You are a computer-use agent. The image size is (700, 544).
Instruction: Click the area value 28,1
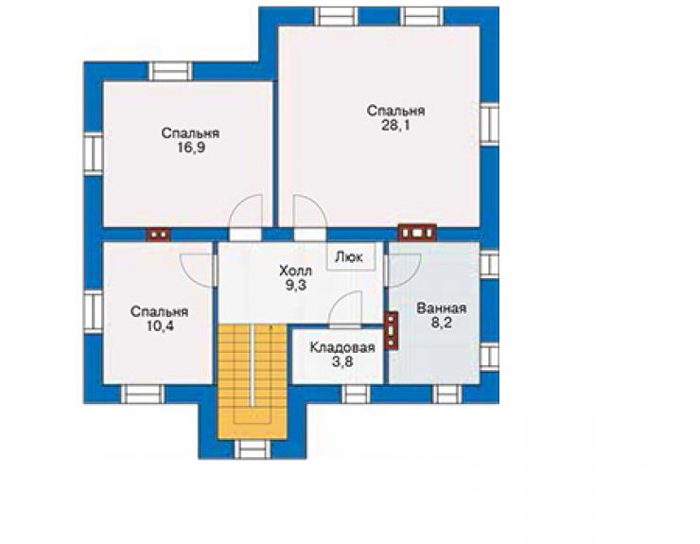395,126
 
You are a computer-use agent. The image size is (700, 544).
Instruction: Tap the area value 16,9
191,148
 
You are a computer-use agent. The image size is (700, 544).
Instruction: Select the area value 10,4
160,326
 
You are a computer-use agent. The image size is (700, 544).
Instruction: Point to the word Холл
295,271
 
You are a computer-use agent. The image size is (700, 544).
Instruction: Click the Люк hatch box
351,257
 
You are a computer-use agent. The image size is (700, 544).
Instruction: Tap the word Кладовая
342,347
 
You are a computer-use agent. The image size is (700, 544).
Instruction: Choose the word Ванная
441,308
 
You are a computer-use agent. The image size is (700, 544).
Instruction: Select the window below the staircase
253,449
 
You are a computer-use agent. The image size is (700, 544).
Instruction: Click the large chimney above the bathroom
417,233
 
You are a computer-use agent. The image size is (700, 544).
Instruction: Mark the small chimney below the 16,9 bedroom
158,235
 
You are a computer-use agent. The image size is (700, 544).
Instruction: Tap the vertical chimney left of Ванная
391,329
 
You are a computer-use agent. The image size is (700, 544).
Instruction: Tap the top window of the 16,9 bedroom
170,72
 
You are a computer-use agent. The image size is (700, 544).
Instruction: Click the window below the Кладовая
357,395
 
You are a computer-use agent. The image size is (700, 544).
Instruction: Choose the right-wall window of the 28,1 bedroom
489,124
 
